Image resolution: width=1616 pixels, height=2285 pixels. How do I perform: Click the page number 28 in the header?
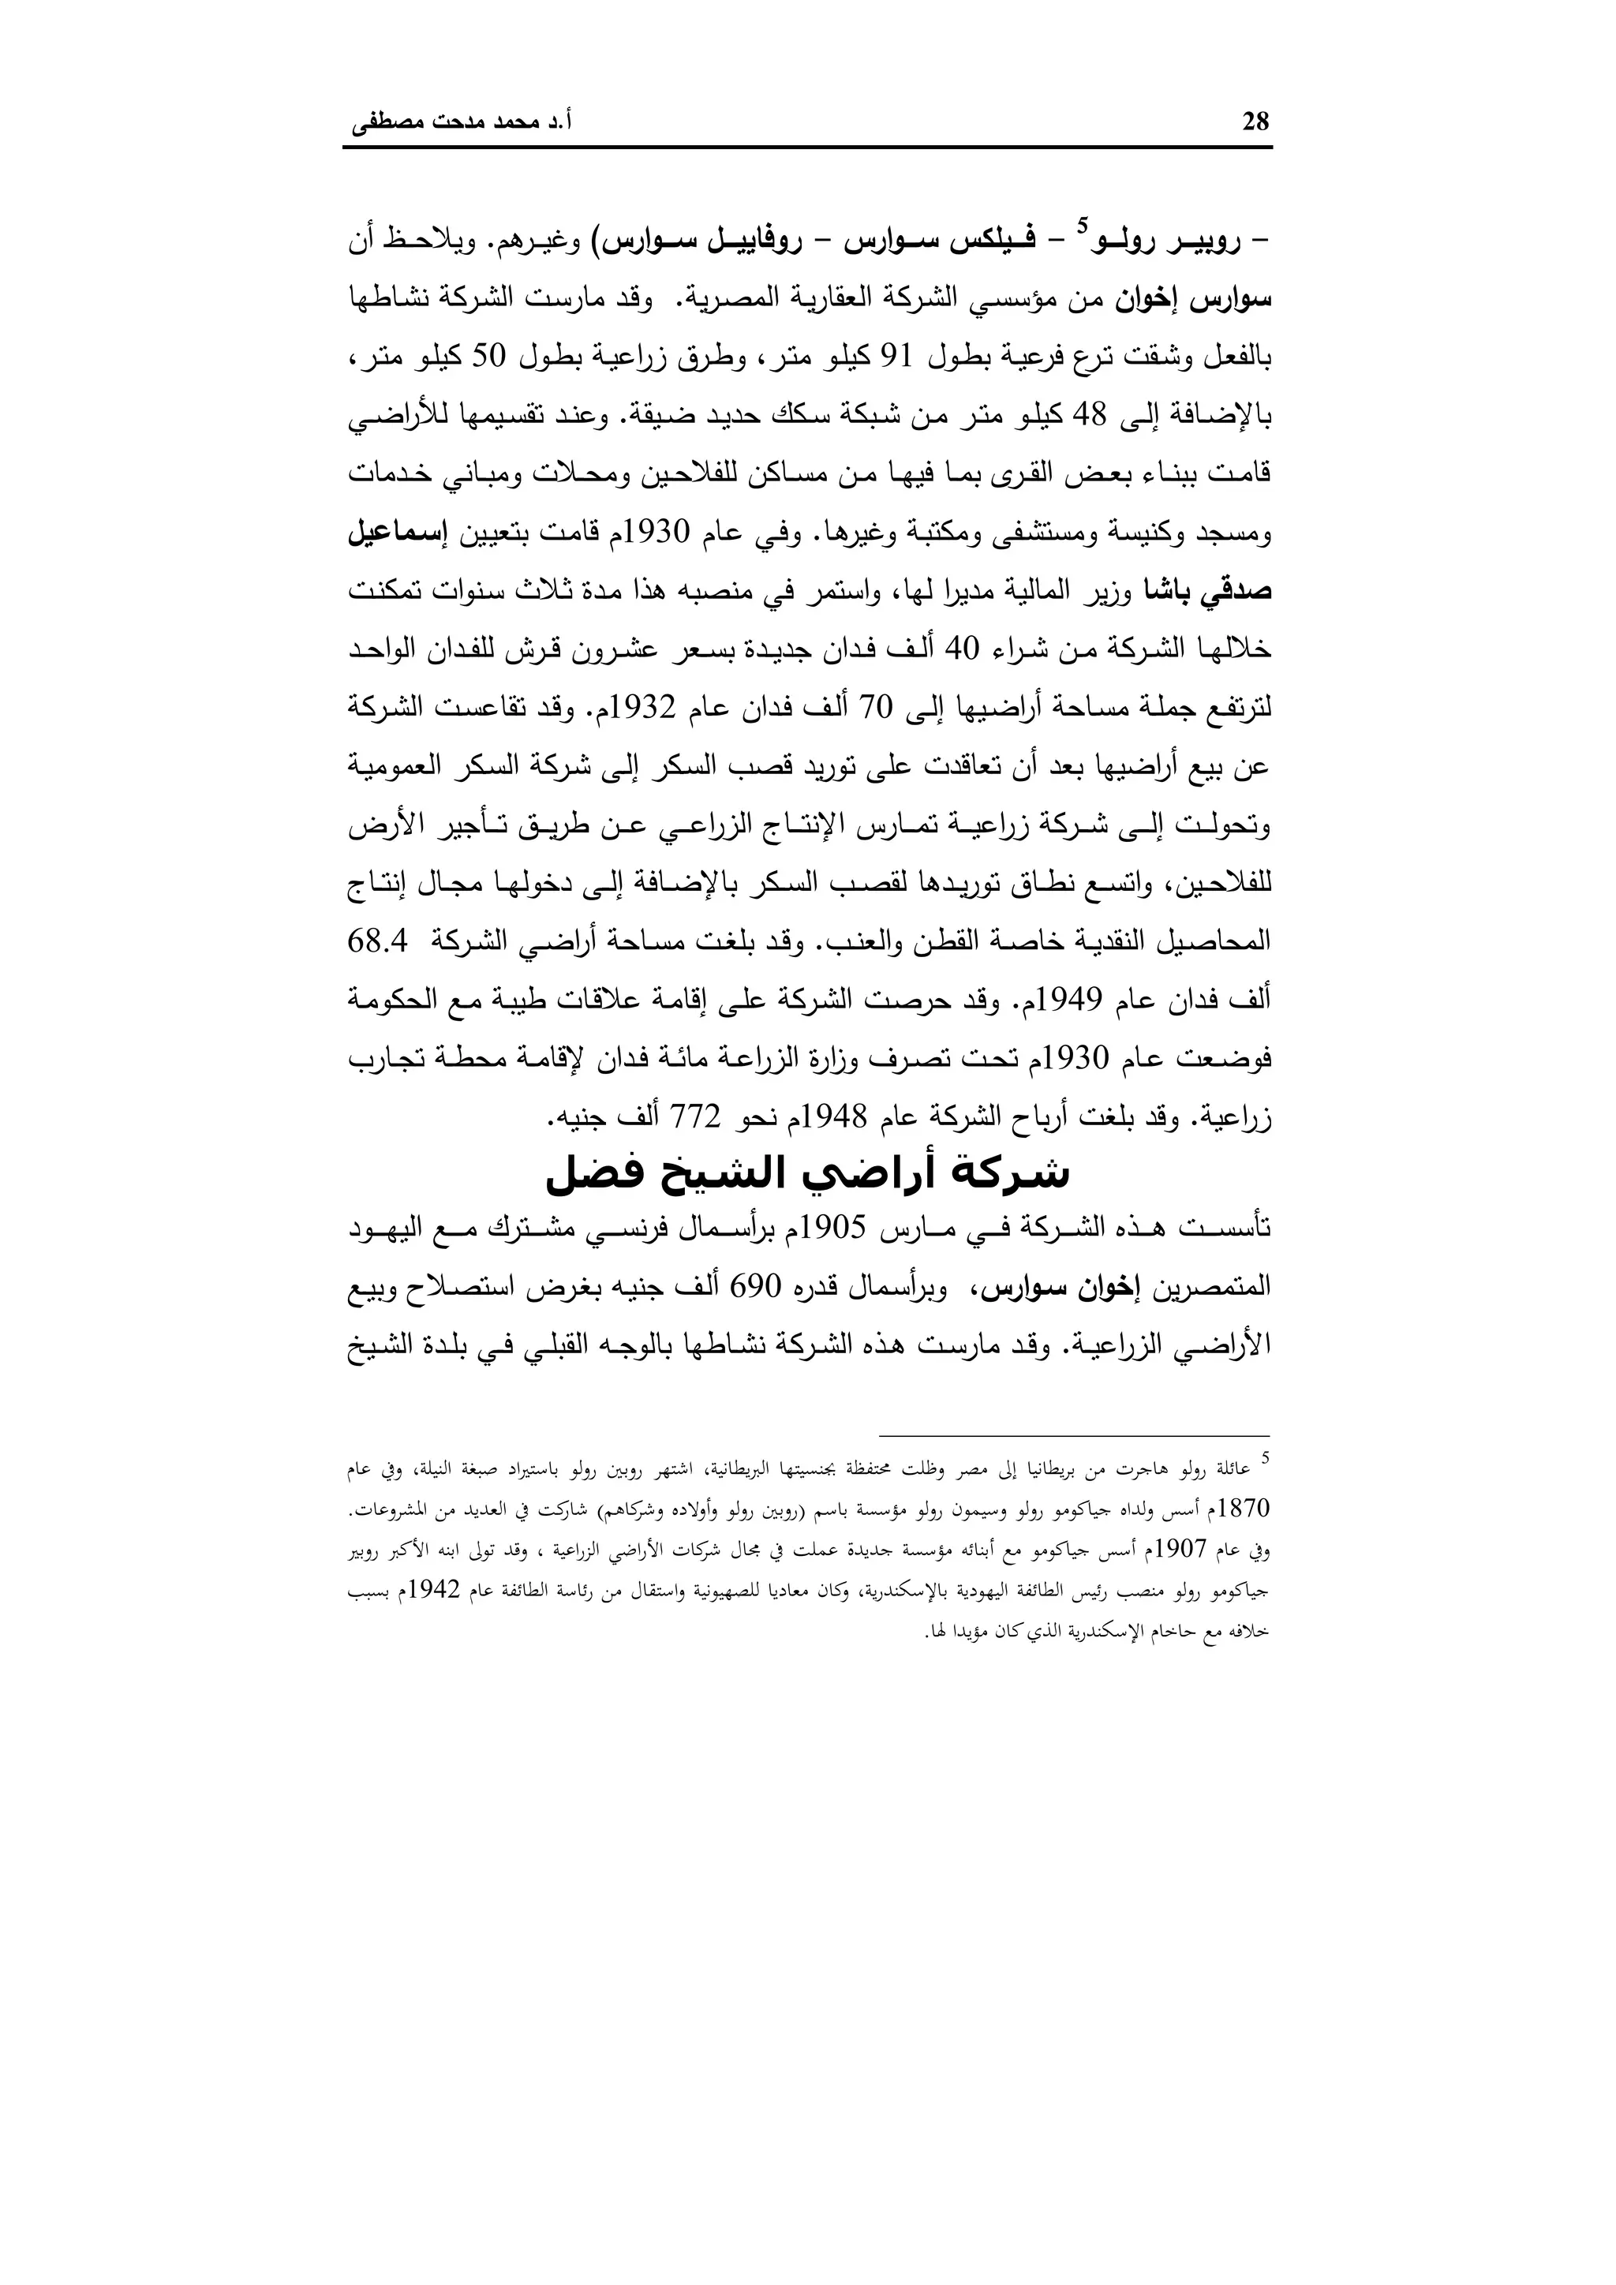[1255, 122]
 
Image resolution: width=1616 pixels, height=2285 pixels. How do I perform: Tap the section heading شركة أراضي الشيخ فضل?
[807, 1174]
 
